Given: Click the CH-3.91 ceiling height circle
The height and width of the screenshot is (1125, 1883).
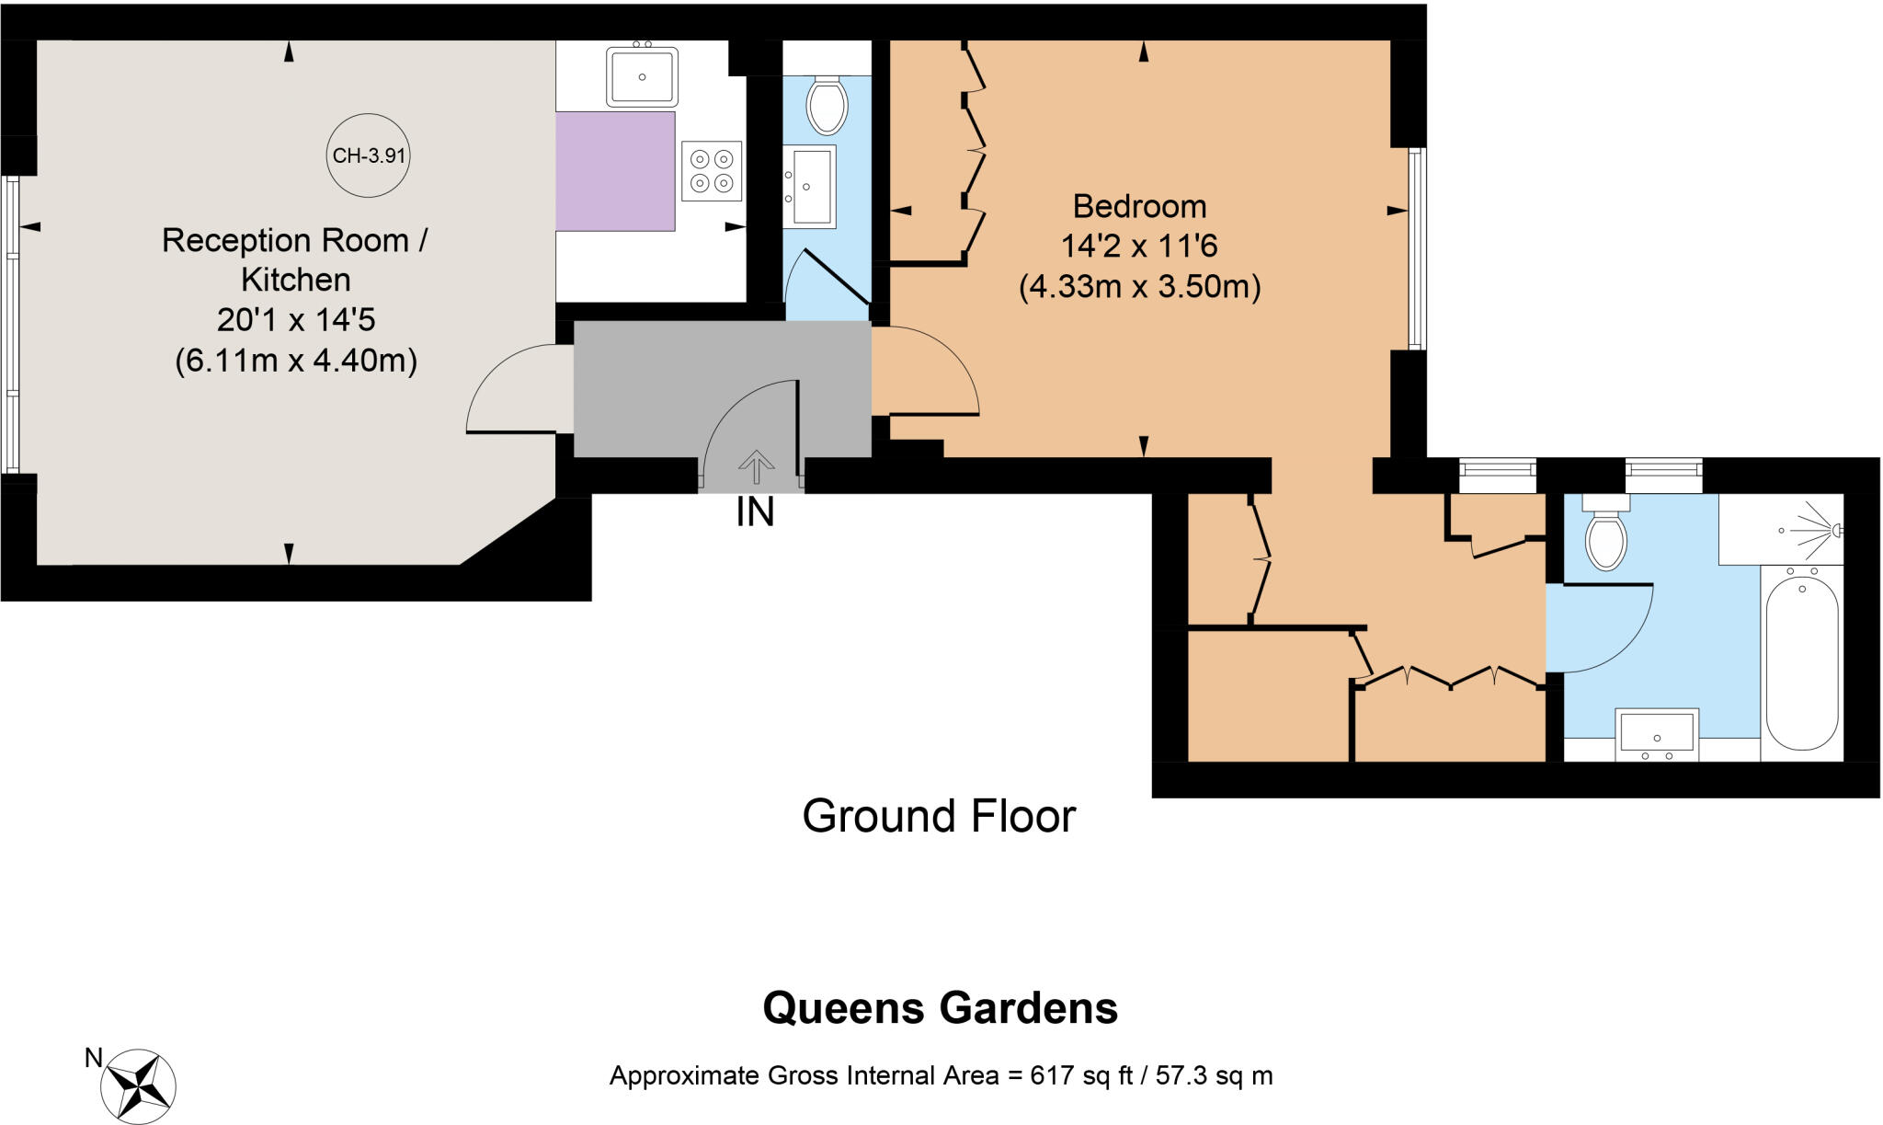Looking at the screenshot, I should [x=368, y=155].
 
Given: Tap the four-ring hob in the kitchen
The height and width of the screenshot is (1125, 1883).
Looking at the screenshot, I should [x=712, y=171].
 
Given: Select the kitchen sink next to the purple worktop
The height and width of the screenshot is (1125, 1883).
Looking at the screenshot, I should [x=642, y=77].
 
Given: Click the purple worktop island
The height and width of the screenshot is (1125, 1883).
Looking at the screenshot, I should [x=615, y=171].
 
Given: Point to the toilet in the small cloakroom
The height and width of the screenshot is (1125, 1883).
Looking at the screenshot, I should [x=826, y=105].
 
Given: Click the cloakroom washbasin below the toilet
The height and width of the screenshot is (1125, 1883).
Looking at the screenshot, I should [x=810, y=186].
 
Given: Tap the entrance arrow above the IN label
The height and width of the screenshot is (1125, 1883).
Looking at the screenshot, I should [x=756, y=466].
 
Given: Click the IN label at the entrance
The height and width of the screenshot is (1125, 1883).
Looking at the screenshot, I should [x=755, y=513].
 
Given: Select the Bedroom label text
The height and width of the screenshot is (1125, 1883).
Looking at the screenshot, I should [x=1139, y=206].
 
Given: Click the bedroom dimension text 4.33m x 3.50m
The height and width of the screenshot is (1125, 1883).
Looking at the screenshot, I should [x=1139, y=287].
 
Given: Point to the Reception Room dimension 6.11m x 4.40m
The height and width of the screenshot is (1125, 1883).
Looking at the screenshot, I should [x=296, y=360].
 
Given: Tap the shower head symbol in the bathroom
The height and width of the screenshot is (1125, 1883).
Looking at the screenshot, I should [x=1830, y=530].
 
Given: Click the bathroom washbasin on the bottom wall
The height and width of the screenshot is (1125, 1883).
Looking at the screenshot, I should [x=1657, y=734].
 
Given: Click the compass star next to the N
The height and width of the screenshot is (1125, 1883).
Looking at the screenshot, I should [x=138, y=1085].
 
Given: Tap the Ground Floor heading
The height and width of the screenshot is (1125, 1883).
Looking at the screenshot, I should [x=939, y=816].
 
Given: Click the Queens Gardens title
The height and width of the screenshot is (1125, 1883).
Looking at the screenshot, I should [x=940, y=1008].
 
